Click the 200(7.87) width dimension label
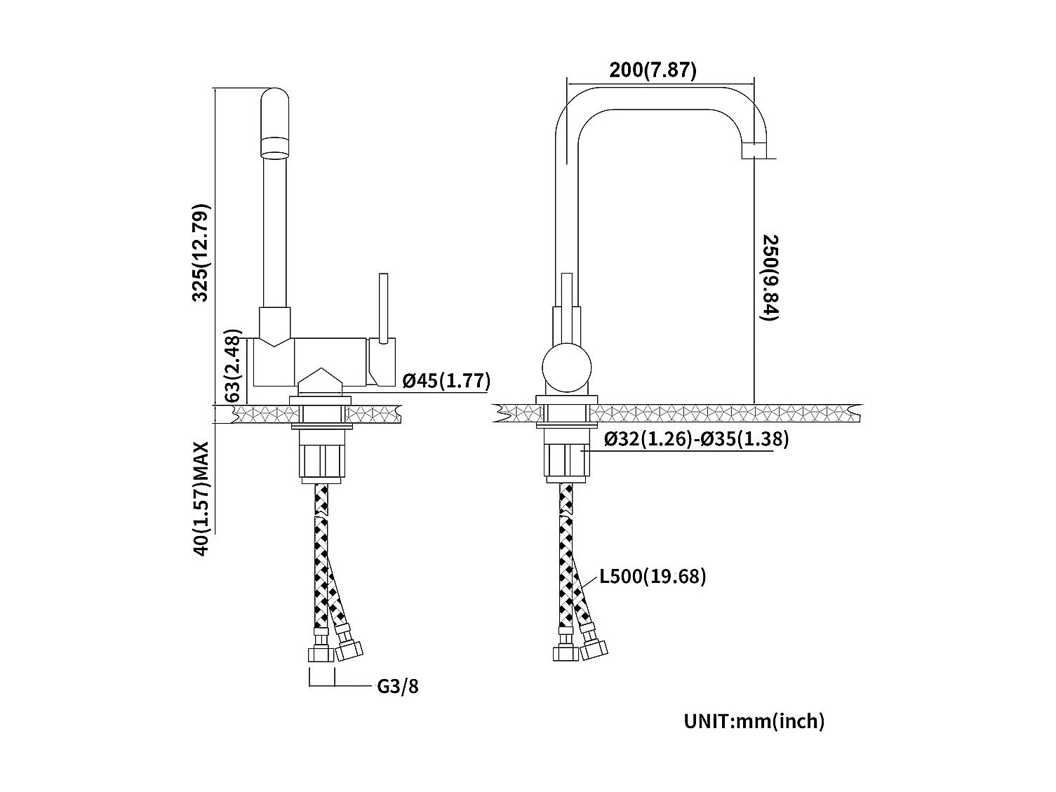point(653,70)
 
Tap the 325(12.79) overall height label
point(201,253)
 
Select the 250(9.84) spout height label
point(770,278)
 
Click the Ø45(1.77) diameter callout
point(446,381)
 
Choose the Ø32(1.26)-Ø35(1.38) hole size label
point(696,439)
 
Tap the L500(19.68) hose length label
point(653,577)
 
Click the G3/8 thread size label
point(398,685)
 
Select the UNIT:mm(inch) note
point(754,720)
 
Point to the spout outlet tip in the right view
point(753,149)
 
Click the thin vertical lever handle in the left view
point(383,309)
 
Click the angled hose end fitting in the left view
point(349,647)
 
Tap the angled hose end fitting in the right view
point(594,647)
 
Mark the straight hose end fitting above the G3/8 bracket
point(319,652)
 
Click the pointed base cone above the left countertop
point(321,382)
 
